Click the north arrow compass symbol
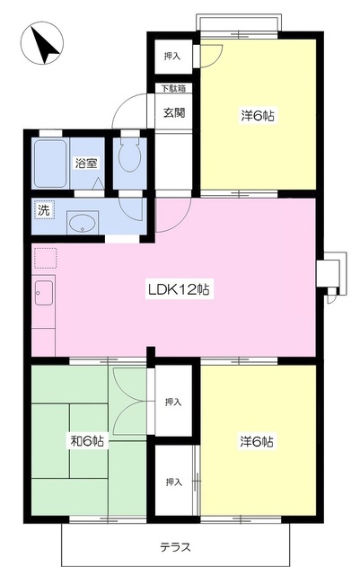[42, 43]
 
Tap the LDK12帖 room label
[179, 289]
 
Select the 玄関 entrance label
[174, 112]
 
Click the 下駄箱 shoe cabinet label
[174, 88]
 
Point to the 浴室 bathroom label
[86, 163]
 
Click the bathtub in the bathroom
[50, 164]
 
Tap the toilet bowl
[129, 155]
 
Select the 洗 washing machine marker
[44, 210]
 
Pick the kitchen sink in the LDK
[44, 292]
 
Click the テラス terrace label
[176, 547]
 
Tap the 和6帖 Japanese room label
[87, 441]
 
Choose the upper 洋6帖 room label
[258, 116]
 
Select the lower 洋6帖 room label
[257, 441]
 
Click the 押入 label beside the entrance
[172, 56]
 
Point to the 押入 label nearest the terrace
[173, 482]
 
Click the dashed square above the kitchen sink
[46, 258]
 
